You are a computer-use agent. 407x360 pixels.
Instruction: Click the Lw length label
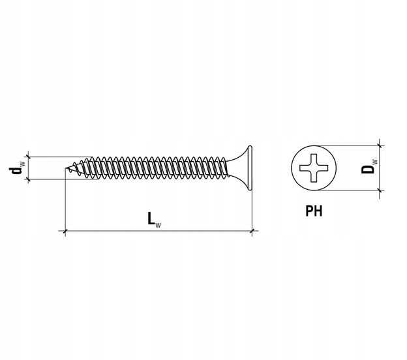click(x=154, y=220)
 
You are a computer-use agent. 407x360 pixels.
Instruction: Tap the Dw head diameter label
click(x=369, y=166)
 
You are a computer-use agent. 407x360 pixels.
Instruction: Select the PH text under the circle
click(x=314, y=211)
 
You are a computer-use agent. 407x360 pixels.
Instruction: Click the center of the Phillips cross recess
click(x=314, y=168)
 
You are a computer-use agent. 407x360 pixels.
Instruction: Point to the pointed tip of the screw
click(x=66, y=168)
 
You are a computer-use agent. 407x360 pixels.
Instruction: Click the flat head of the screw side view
click(x=250, y=168)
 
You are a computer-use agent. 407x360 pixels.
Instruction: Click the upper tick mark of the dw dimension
click(x=28, y=157)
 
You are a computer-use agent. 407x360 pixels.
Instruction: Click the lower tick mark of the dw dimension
click(x=28, y=179)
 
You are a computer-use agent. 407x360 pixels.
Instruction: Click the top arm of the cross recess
click(x=314, y=159)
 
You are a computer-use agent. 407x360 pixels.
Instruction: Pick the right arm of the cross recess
click(x=322, y=168)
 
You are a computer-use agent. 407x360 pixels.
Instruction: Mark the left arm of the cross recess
click(x=305, y=168)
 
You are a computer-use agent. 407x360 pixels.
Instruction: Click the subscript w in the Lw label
click(x=158, y=225)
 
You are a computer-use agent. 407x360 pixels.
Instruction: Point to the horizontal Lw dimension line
click(x=158, y=230)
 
